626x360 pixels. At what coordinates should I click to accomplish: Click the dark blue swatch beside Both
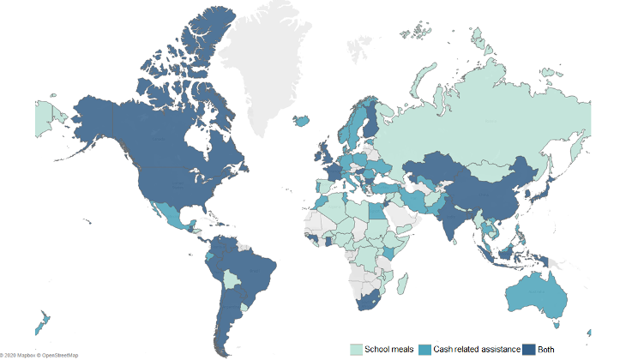click(530, 348)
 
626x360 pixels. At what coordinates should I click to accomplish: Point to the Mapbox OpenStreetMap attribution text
click(38, 354)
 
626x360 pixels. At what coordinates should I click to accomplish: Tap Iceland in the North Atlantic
click(302, 121)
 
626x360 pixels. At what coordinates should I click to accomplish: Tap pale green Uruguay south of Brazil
click(247, 306)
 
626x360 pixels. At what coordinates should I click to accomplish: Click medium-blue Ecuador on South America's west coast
click(206, 256)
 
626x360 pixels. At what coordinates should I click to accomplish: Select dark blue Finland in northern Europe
click(370, 120)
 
